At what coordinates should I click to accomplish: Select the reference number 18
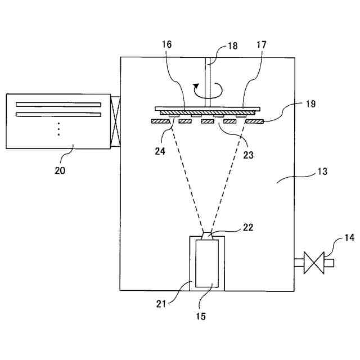pyautogui.click(x=232, y=47)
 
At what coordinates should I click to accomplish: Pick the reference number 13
pyautogui.click(x=323, y=170)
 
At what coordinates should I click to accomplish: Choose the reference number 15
pyautogui.click(x=200, y=316)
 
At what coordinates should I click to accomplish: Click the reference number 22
pyautogui.click(x=247, y=227)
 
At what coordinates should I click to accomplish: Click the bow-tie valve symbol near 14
pyautogui.click(x=313, y=263)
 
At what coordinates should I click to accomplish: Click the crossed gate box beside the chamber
pyautogui.click(x=116, y=122)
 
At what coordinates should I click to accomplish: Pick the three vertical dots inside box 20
pyautogui.click(x=59, y=130)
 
